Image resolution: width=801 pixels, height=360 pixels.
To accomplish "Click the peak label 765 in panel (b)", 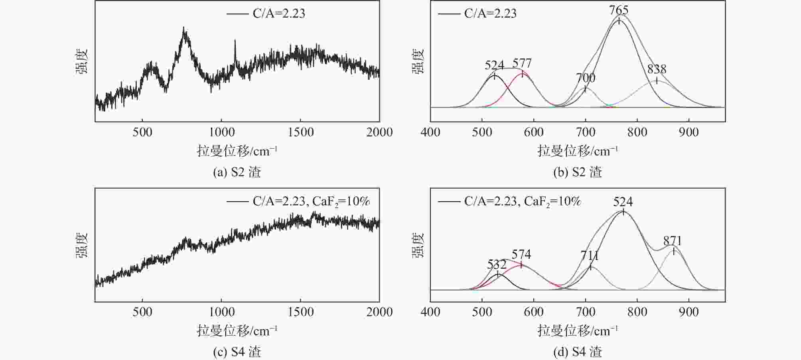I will tap(619, 10).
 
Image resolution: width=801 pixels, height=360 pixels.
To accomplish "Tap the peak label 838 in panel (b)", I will tap(657, 69).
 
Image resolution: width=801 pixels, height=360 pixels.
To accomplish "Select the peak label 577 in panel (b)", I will tap(522, 63).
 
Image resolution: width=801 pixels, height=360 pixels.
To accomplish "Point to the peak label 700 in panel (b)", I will tap(586, 78).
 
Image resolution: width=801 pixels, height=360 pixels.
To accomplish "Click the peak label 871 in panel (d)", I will tap(673, 241).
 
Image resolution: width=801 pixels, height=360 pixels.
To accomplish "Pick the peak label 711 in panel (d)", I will tap(590, 256).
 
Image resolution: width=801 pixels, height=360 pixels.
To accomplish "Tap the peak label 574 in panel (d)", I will tap(521, 254).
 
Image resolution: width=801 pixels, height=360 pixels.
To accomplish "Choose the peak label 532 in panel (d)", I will tap(497, 264).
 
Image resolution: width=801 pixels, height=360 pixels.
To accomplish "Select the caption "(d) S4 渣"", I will tap(578, 352).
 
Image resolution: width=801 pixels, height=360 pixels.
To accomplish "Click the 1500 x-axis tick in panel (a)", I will tap(300, 132).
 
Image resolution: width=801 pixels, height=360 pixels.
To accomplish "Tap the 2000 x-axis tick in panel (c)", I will tap(379, 312).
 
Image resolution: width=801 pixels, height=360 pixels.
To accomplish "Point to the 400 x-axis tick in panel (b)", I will tap(430, 132).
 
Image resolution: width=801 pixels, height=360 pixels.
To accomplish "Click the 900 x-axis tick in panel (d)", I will tap(689, 312).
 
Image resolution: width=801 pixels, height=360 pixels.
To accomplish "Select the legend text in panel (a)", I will tap(279, 14).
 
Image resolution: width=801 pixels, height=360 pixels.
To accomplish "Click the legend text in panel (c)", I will tap(311, 201).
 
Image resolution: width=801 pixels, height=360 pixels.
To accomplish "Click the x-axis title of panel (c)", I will tap(237, 330).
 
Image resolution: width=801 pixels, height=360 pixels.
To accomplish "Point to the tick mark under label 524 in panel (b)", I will tap(495, 75).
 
